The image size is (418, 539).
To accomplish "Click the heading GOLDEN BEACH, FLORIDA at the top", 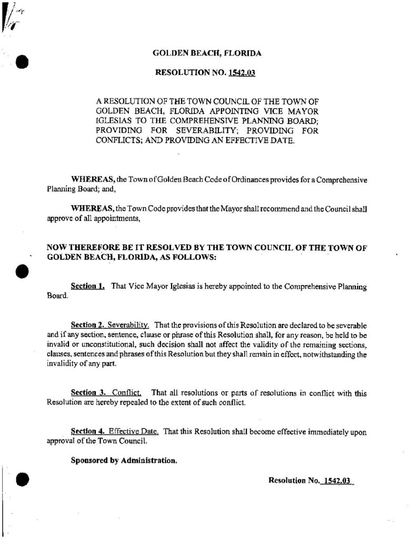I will [206, 53].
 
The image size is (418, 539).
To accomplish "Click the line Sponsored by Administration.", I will [124, 460].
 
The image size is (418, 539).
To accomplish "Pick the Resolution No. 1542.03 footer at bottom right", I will [311, 481].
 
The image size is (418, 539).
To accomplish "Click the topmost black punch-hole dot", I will [22, 62].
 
